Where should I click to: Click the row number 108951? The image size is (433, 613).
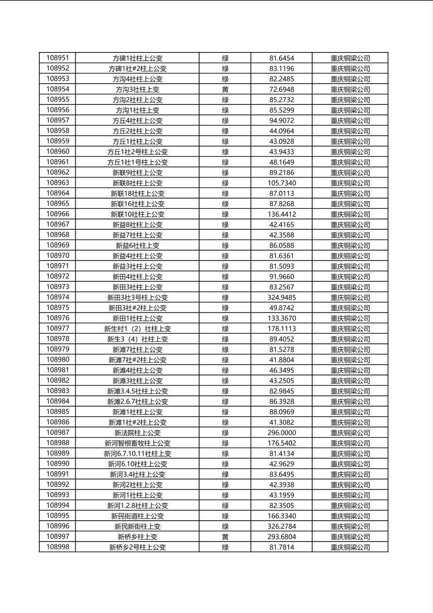point(58,58)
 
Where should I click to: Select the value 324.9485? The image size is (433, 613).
point(282,297)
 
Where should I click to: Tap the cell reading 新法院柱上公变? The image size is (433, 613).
point(137,433)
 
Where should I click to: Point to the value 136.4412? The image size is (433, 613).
point(282,214)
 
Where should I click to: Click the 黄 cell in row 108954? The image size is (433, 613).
point(225,89)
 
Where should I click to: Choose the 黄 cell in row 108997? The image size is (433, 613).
point(225,537)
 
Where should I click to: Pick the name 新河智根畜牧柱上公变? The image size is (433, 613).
point(137,443)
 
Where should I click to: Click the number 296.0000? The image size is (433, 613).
point(282,433)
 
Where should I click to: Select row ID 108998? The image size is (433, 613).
point(58,547)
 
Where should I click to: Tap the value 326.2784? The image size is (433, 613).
point(282,527)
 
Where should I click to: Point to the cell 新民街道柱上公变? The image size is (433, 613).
point(137,516)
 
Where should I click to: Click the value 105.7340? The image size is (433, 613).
point(282,183)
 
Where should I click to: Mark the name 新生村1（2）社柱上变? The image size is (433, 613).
point(137,329)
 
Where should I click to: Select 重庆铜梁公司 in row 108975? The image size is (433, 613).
point(350,308)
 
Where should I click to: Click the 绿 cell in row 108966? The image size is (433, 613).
point(225,214)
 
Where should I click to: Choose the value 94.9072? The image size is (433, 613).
point(282,120)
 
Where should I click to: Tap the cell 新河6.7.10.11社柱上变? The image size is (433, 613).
point(137,454)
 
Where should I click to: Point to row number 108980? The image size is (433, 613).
point(58,360)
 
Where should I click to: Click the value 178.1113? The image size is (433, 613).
point(282,329)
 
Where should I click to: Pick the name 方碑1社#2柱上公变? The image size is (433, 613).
point(137,68)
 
